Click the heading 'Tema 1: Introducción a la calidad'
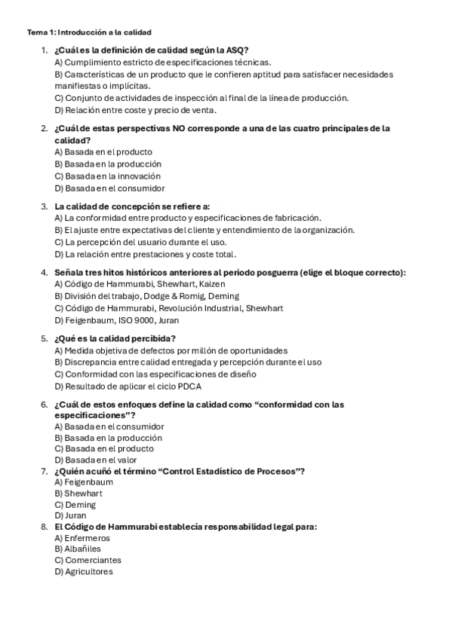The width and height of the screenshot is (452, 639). pyautogui.click(x=89, y=32)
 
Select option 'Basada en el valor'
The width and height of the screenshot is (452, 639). pyautogui.click(x=107, y=460)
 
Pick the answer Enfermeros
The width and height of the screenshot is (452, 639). pyautogui.click(x=87, y=538)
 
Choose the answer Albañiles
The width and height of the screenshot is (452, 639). pyautogui.click(x=82, y=549)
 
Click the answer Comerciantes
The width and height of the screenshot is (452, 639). pyautogui.click(x=93, y=561)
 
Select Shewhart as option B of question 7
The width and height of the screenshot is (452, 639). pyautogui.click(x=83, y=494)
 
